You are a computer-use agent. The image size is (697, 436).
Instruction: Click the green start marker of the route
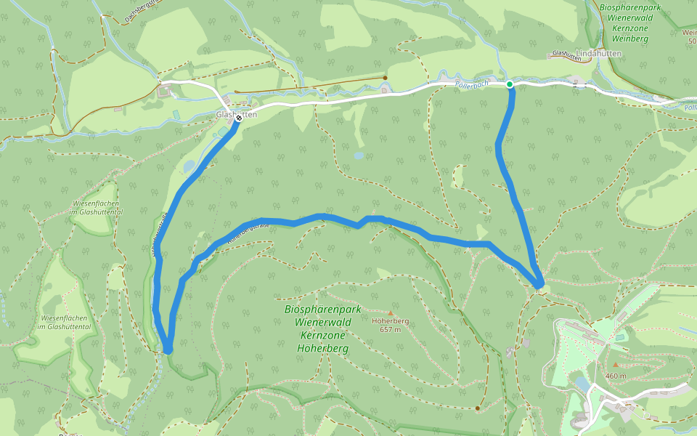pyautogui.click(x=510, y=85)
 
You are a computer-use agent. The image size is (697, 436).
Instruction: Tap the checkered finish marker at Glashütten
pyautogui.click(x=238, y=118)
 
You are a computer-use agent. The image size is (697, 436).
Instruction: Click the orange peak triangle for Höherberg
pyautogui.click(x=390, y=313)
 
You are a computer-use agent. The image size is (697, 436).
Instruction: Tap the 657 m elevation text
pyautogui.click(x=390, y=329)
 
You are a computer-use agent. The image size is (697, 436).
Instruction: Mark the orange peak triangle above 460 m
pyautogui.click(x=616, y=365)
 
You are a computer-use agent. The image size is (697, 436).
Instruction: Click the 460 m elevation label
pyautogui.click(x=616, y=376)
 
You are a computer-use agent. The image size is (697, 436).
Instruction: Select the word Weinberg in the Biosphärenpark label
pyautogui.click(x=629, y=38)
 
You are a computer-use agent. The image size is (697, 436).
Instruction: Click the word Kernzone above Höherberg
pyautogui.click(x=322, y=335)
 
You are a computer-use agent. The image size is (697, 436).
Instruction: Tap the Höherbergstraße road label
pyautogui.click(x=248, y=232)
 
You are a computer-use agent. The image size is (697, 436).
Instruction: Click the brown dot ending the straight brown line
pyautogui.click(x=385, y=78)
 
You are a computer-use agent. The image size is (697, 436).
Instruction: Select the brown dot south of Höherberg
pyautogui.click(x=477, y=408)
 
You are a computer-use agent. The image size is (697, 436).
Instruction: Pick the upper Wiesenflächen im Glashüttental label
pyautogui.click(x=96, y=207)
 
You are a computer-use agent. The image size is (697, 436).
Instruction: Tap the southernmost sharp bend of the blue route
pyautogui.click(x=168, y=350)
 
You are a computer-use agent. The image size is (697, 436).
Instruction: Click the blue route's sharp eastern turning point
pyautogui.click(x=539, y=286)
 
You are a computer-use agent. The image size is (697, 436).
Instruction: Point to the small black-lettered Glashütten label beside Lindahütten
pyautogui.click(x=568, y=53)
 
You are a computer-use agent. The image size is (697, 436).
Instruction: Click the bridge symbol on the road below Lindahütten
pyautogui.click(x=579, y=85)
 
